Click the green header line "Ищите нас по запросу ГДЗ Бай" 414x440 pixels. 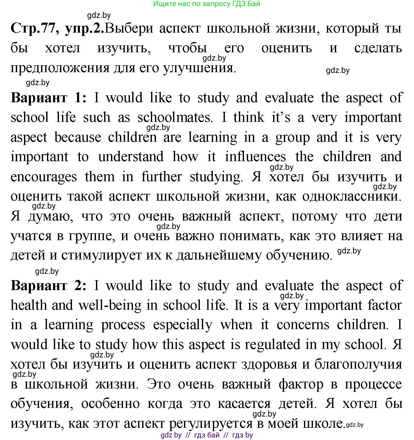206,4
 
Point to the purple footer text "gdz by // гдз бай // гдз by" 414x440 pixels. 206,435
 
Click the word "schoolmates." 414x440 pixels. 175,118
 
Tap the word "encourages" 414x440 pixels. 44,177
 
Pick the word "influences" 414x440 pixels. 255,157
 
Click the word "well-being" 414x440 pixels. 110,305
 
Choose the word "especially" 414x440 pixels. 182,325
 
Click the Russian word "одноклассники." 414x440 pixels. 352,197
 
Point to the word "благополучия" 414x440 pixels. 358,364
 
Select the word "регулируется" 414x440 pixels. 211,423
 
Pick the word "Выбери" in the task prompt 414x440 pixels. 129,28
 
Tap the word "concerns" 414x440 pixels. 303,325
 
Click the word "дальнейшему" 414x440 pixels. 219,255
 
